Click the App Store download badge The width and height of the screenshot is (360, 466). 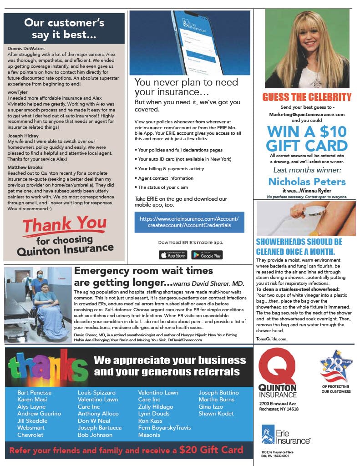point(173,255)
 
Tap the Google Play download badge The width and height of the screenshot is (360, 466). point(207,255)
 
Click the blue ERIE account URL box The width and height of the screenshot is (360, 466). point(189,222)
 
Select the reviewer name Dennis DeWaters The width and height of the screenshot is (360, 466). point(26,48)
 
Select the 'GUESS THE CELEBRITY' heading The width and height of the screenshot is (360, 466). point(307,97)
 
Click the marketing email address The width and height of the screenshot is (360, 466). point(307,114)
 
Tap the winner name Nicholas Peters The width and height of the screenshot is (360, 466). point(307,182)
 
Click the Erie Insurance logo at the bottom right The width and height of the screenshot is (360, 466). point(286,434)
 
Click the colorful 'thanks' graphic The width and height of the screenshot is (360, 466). point(48,366)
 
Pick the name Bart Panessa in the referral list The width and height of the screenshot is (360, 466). point(34,392)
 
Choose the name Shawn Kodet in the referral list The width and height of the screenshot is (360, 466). point(216,413)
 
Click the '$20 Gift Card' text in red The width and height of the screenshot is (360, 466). point(211,450)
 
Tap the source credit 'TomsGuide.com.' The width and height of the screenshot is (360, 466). point(272,339)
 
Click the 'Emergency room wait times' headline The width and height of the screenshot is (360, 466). point(143,270)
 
